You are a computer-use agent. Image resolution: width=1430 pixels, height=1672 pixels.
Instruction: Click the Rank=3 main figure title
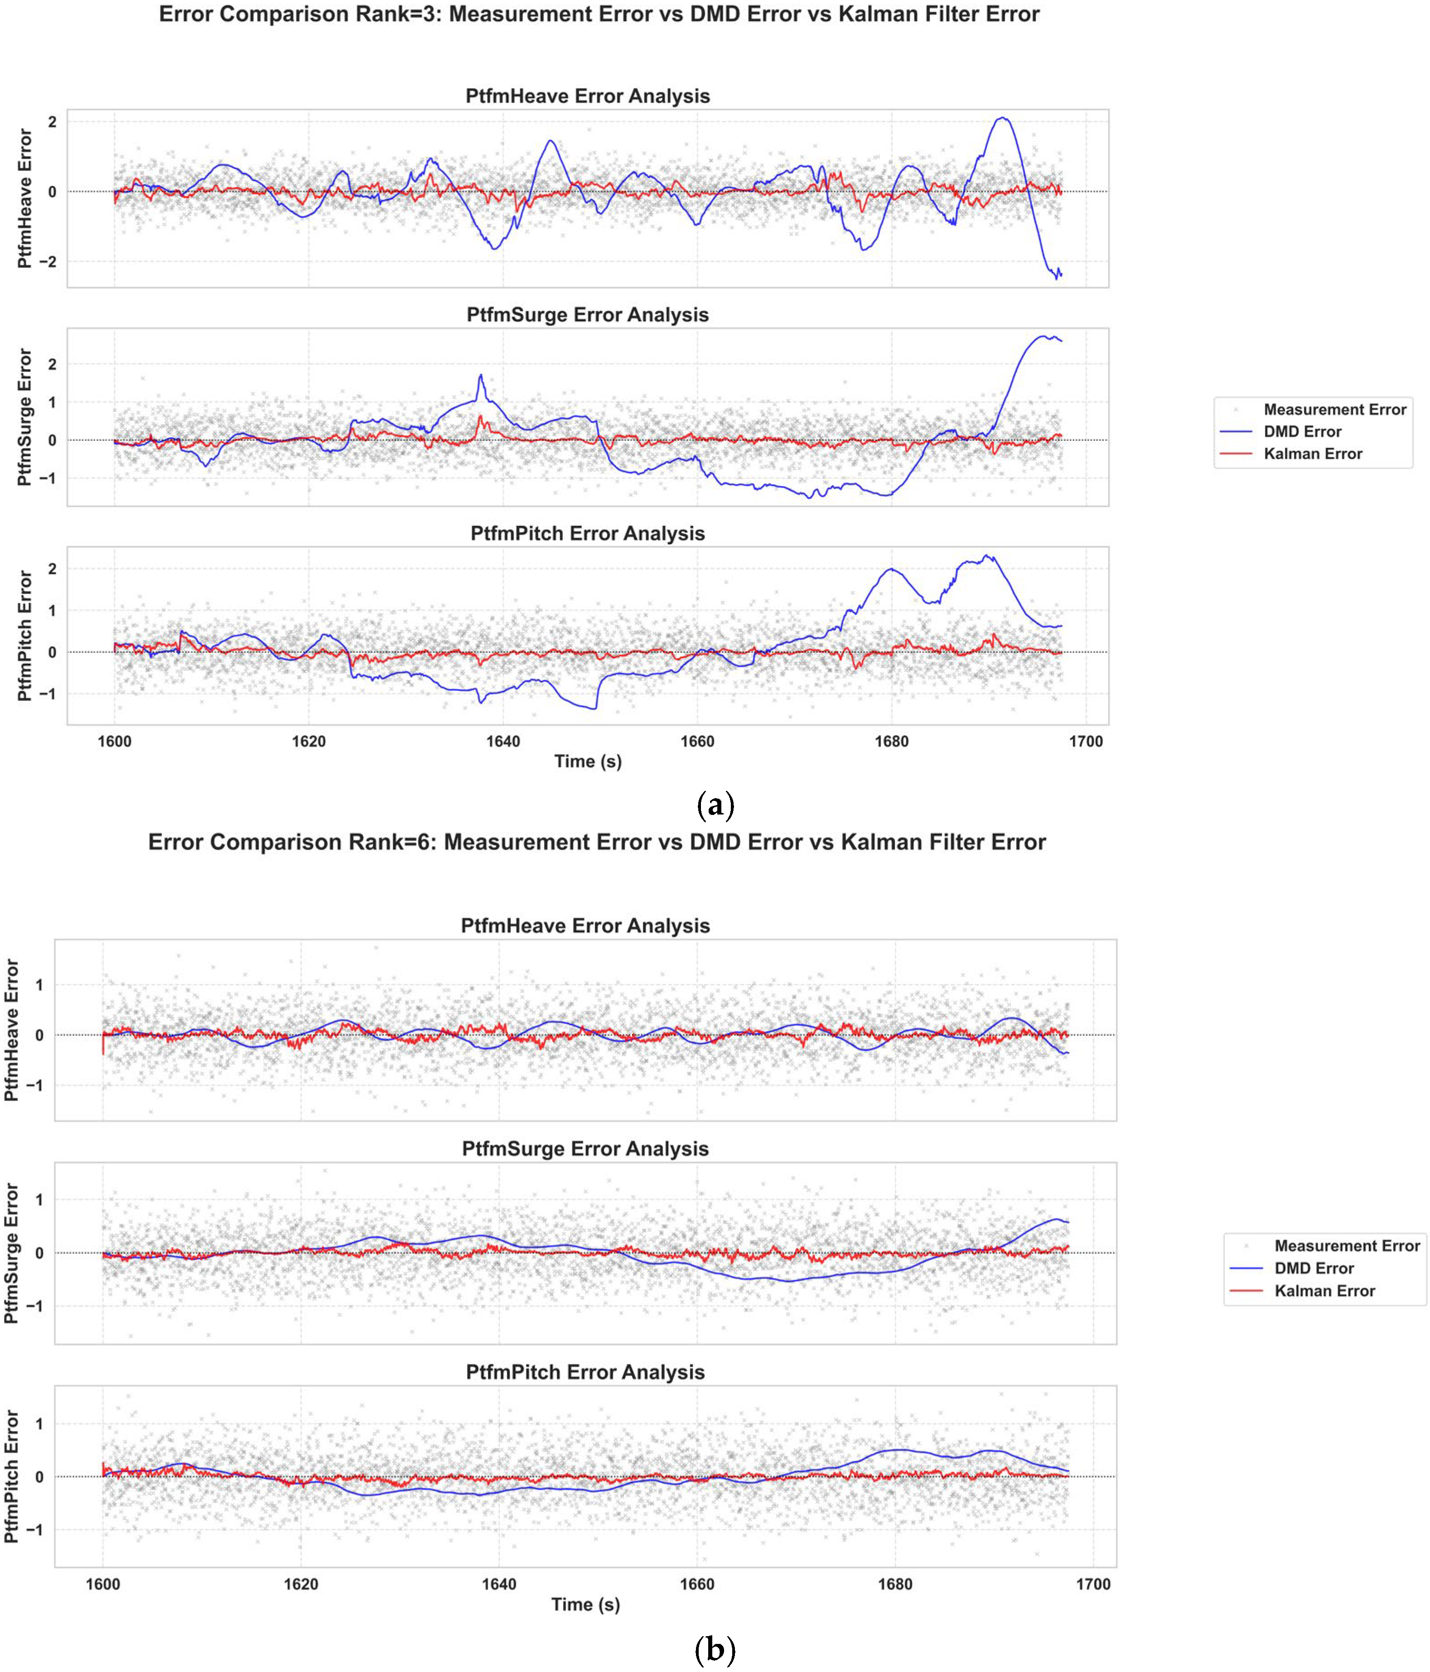[x=599, y=14]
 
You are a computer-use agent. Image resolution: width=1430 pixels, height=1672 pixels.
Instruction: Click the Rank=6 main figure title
[x=597, y=843]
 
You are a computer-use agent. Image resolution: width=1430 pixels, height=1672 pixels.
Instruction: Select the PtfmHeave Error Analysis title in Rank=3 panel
[x=588, y=96]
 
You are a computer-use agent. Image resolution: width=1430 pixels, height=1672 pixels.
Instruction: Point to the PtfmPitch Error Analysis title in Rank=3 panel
[x=588, y=533]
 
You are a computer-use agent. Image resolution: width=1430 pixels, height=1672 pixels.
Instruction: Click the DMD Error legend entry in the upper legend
[x=1303, y=432]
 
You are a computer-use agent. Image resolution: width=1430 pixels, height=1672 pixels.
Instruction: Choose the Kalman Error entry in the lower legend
[x=1324, y=1291]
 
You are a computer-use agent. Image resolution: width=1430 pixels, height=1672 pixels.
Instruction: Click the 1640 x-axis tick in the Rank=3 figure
[x=503, y=742]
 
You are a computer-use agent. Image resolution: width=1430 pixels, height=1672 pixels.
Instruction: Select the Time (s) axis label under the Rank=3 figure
[x=588, y=761]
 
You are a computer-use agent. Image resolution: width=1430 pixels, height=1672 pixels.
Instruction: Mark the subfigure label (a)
[x=714, y=805]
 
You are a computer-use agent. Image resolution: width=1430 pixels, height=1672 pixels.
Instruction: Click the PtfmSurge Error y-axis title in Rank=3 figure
[x=25, y=417]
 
